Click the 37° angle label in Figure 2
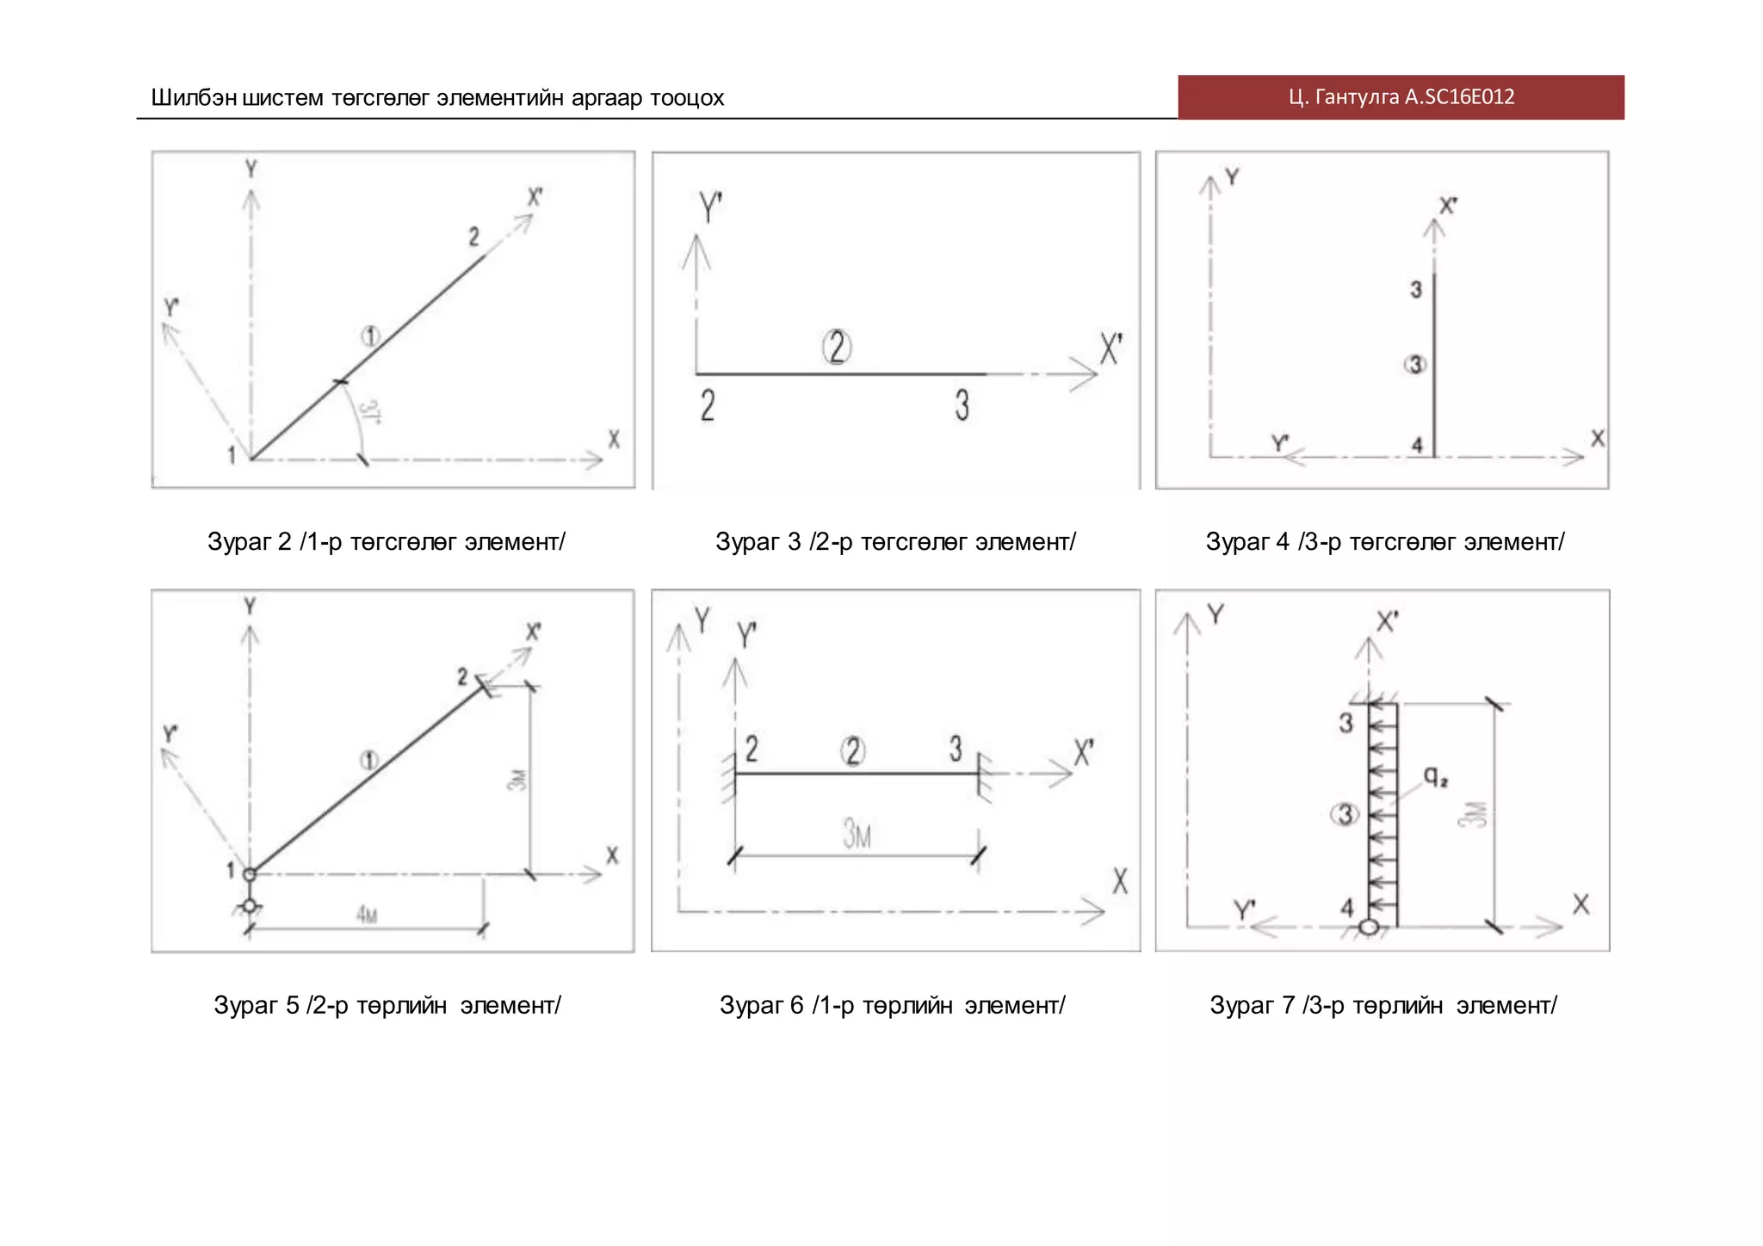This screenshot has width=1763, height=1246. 370,412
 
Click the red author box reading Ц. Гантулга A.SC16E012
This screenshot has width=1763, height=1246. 1401,97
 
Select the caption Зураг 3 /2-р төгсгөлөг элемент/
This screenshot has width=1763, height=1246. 895,541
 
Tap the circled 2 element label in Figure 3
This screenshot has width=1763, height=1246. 837,347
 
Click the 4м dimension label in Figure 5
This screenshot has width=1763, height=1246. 367,914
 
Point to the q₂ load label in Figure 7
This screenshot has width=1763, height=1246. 1435,777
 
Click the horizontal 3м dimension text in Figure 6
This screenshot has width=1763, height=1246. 857,834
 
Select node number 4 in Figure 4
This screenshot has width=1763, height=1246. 1417,445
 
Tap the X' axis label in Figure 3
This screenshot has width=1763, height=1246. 1110,350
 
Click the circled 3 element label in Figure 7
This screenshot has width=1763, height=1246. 1345,814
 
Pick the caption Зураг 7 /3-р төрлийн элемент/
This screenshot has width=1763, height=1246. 1383,1005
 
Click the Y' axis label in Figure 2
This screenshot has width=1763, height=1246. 171,307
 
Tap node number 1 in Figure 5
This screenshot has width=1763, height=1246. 230,871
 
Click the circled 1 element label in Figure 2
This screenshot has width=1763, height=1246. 370,336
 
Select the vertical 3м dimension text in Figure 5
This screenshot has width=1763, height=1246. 517,780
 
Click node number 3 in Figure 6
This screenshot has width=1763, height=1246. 956,748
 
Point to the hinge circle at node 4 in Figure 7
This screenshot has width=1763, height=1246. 1369,927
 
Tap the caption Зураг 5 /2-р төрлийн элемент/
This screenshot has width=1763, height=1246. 387,1005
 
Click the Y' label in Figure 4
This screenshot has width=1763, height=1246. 1280,443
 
